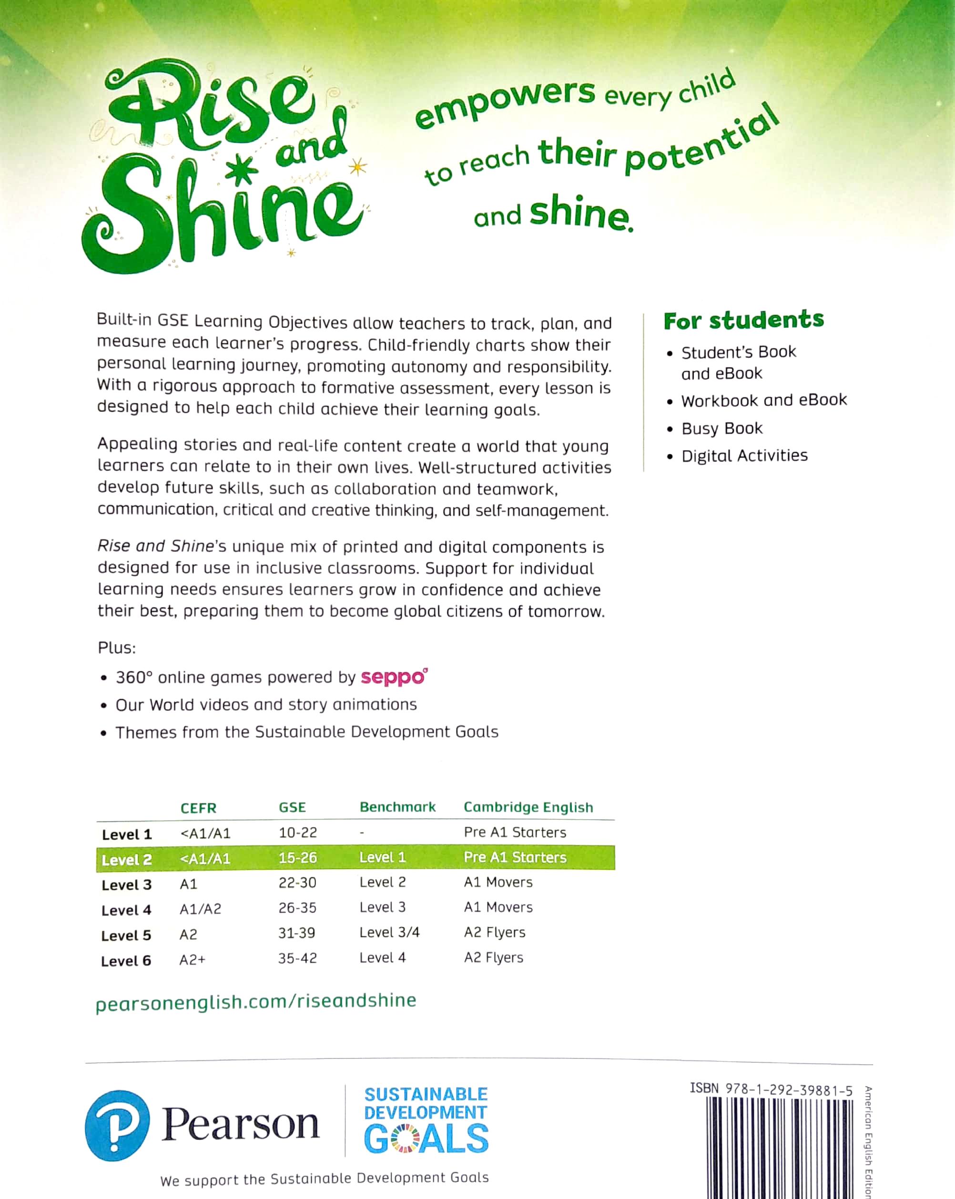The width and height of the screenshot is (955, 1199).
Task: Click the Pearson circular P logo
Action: pos(117,1126)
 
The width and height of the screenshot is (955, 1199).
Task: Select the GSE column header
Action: pos(292,807)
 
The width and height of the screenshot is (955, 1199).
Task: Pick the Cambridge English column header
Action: pos(528,807)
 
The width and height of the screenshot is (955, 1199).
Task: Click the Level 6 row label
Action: pos(126,961)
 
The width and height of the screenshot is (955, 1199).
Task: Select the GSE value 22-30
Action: pos(297,883)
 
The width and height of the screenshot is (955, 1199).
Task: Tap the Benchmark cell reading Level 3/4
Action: pos(389,933)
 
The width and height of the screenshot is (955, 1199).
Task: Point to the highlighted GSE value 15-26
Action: pos(297,857)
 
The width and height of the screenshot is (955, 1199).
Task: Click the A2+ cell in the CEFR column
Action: pos(192,960)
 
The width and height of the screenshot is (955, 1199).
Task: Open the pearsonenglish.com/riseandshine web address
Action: pos(256,1001)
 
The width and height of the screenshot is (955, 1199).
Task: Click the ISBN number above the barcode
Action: pos(771,1089)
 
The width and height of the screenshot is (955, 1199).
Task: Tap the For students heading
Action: pos(743,320)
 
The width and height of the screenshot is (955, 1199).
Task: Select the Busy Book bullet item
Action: pos(721,428)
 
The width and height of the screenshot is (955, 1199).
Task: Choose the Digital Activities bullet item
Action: pos(744,456)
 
